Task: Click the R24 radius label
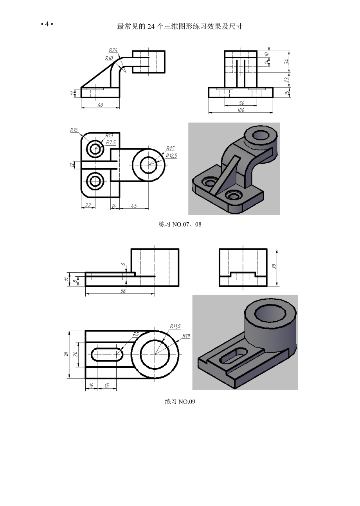tap(113, 50)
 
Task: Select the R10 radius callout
tap(109, 58)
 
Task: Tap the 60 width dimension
tap(100, 105)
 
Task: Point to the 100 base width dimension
tap(241, 110)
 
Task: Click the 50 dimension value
tap(241, 103)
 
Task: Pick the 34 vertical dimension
tap(287, 61)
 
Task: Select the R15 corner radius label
tap(74, 130)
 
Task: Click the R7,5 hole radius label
tap(111, 142)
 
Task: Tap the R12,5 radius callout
tap(171, 155)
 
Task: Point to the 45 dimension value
tap(134, 206)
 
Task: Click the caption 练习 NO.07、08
tap(180, 225)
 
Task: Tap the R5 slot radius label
tap(136, 334)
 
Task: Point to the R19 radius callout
tap(186, 336)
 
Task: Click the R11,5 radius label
tap(175, 326)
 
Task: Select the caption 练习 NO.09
tap(180, 402)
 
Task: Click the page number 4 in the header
tap(47, 24)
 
